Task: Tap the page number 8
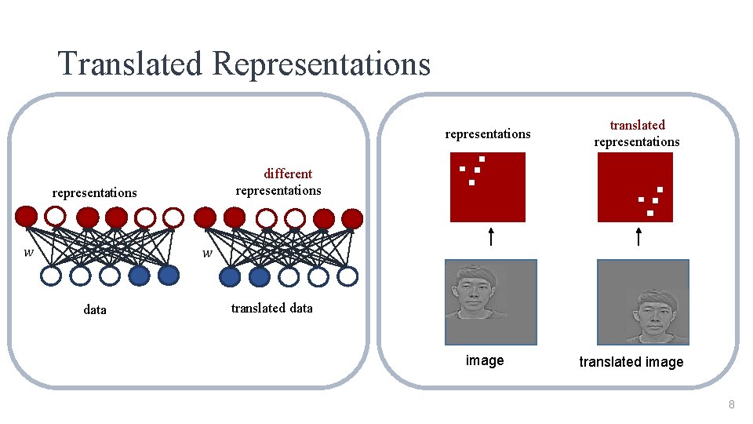point(731,405)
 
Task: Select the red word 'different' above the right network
point(288,174)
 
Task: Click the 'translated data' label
point(271,308)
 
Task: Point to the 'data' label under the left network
point(94,309)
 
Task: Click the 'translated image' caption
point(631,362)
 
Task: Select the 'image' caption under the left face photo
point(485,360)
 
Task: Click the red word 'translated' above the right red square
point(637,125)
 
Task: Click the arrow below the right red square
point(637,236)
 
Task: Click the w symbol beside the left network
point(29,253)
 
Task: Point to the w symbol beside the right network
point(207,253)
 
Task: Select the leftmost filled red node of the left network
point(26,217)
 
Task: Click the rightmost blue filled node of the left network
point(169,276)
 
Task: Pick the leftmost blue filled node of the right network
point(230,276)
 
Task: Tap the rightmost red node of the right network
point(353,217)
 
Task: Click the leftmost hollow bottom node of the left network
point(51,276)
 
